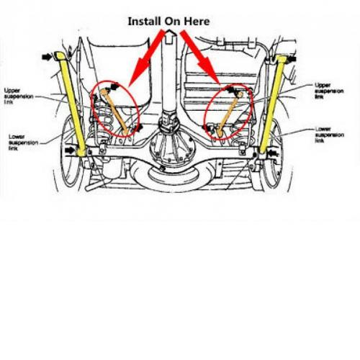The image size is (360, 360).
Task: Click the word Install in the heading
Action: click(x=144, y=21)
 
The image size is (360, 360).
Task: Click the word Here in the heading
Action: click(x=197, y=21)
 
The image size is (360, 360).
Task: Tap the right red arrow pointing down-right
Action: click(x=199, y=57)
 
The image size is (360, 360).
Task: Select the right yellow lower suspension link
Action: click(x=273, y=104)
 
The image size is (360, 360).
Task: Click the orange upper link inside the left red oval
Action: click(x=114, y=112)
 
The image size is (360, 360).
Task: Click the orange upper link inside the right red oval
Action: click(x=230, y=114)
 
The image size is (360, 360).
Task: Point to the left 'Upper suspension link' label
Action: click(x=19, y=96)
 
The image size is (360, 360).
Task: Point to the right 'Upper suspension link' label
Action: click(x=329, y=91)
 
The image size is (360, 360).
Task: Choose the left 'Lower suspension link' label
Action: click(x=23, y=143)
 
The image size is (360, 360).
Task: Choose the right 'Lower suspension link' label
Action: click(x=330, y=135)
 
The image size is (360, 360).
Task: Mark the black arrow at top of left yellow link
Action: click(x=47, y=57)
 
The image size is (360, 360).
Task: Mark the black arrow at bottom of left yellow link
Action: click(x=70, y=150)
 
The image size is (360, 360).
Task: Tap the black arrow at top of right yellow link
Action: click(x=292, y=58)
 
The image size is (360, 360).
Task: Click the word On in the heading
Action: click(x=173, y=21)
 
